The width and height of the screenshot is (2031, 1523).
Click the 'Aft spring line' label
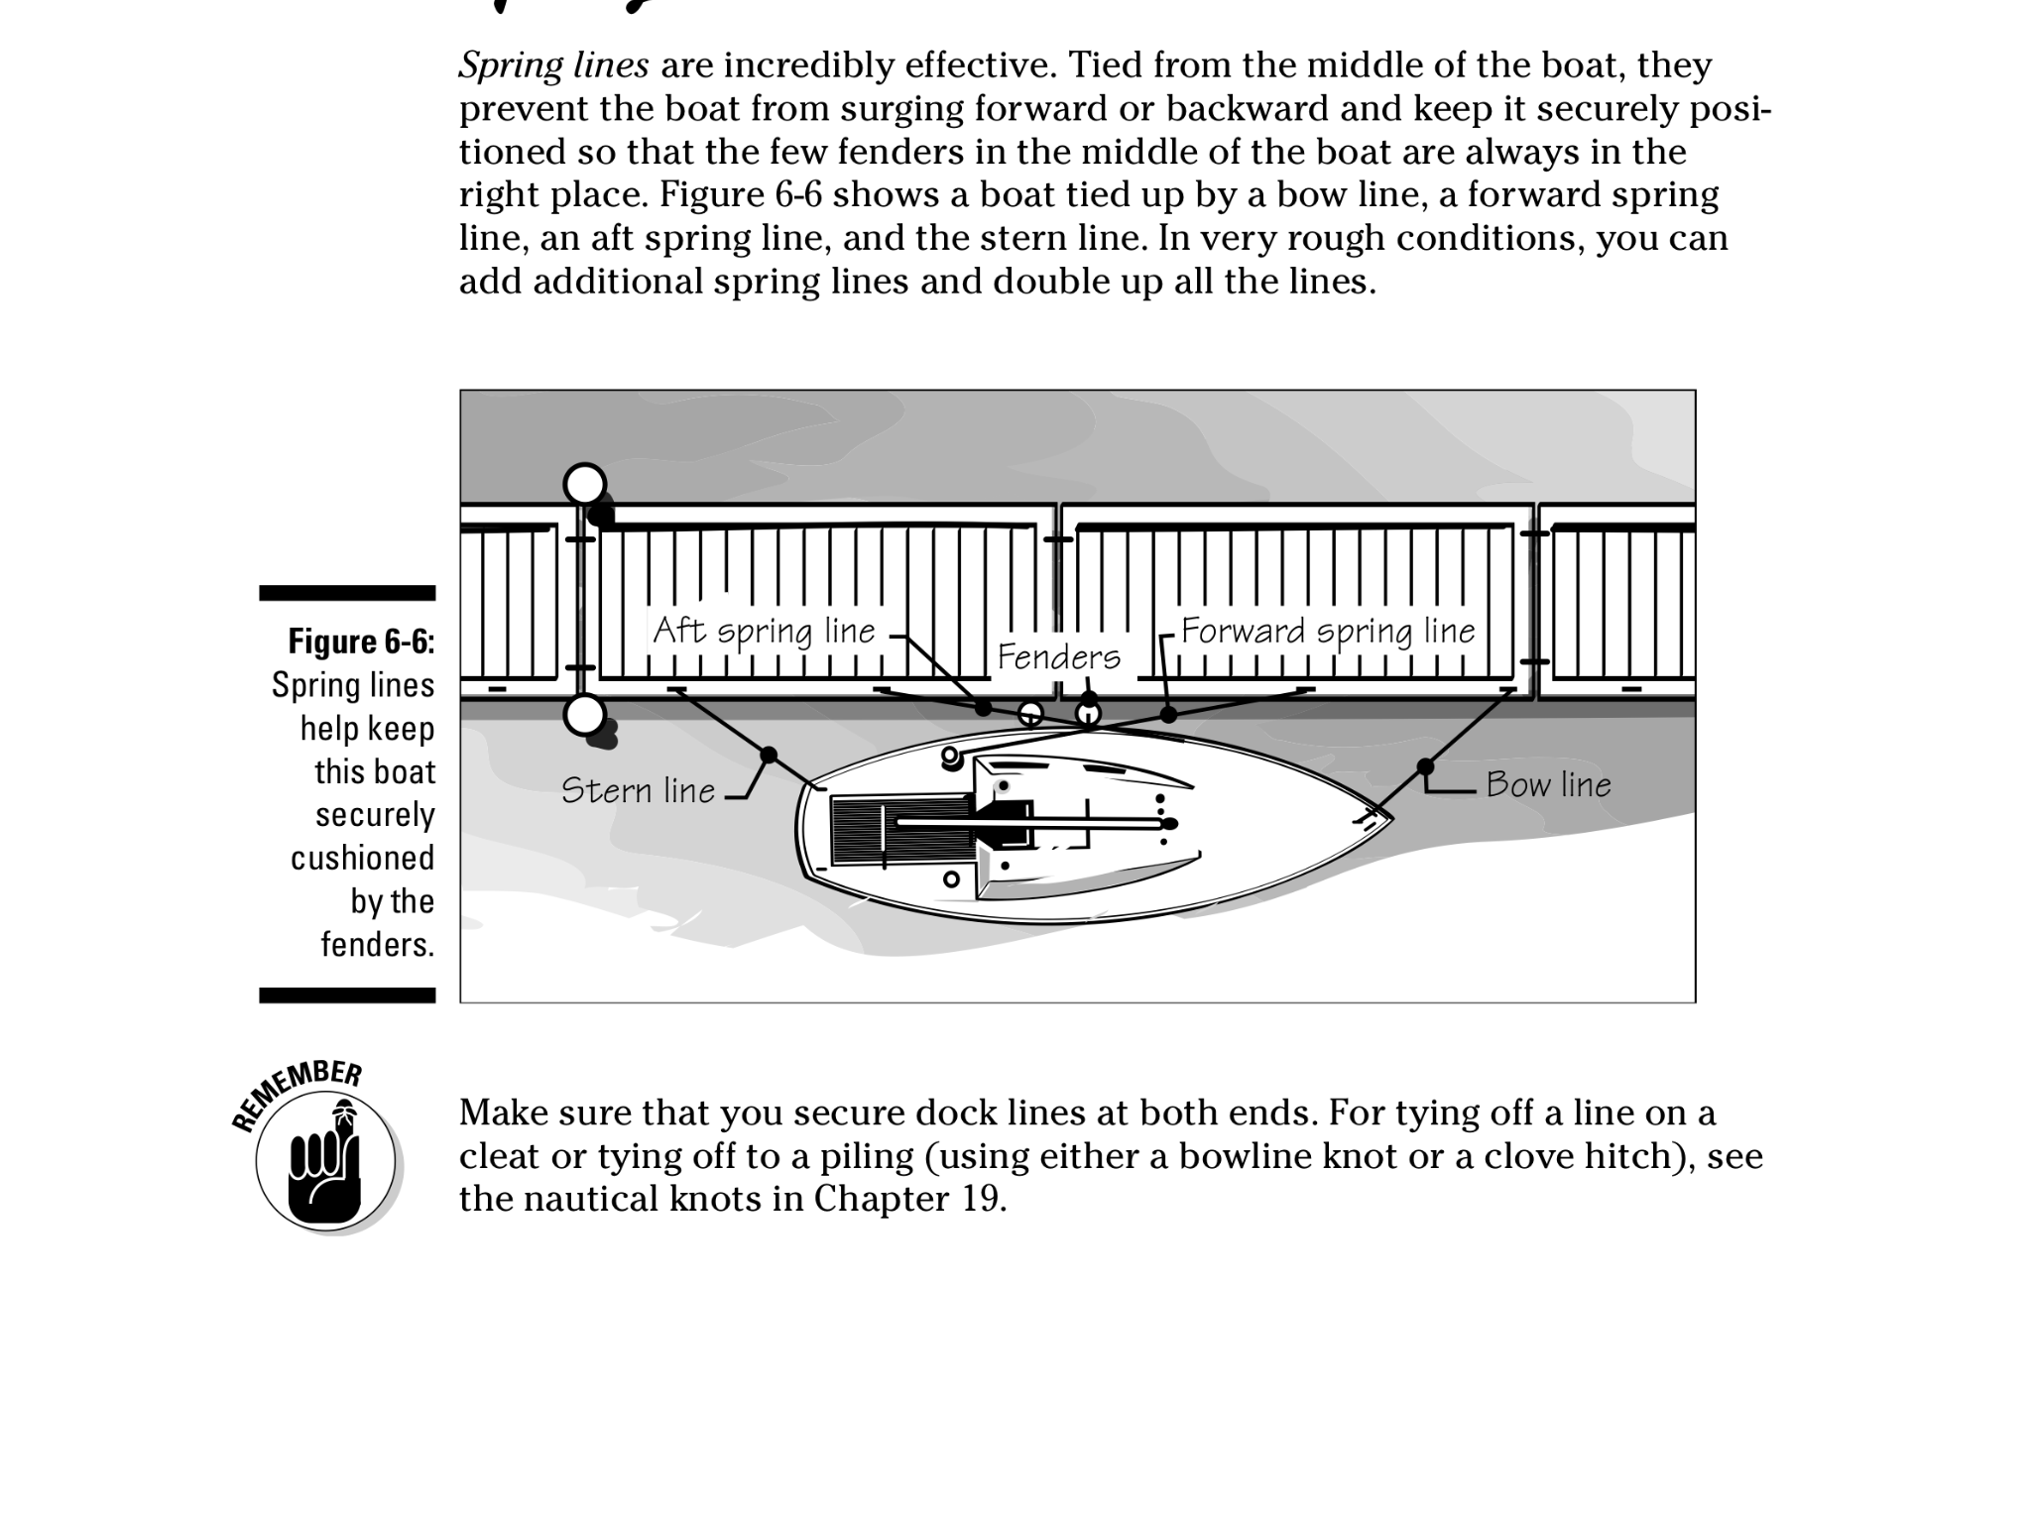[764, 631]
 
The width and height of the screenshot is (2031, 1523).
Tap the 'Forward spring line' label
[1327, 631]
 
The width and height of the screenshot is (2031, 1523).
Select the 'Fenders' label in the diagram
[1058, 656]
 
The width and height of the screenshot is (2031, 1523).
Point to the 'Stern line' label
[638, 790]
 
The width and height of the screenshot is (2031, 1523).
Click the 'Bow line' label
[1548, 785]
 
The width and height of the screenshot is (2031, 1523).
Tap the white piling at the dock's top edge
[584, 484]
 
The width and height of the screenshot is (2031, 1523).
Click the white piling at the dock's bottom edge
[584, 713]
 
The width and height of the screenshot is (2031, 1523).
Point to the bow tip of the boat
[1389, 818]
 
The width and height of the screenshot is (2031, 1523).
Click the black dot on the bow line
[1425, 766]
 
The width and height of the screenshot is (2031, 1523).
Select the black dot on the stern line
[769, 756]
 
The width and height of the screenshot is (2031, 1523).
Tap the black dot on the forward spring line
[1168, 714]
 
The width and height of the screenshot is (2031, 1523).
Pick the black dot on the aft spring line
[983, 708]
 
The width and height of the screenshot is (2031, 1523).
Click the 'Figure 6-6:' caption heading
[361, 642]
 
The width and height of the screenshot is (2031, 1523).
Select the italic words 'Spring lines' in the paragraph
[553, 65]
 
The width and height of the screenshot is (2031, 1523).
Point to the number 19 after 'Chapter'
[984, 1199]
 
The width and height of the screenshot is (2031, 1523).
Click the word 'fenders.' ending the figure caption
[377, 944]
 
